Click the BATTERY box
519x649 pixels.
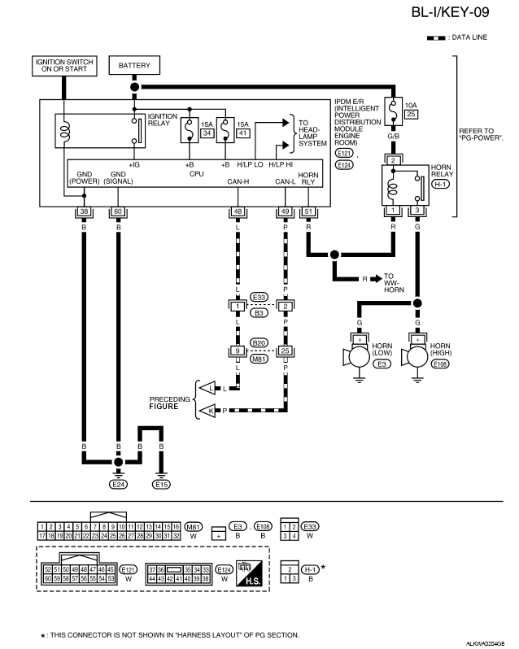pyautogui.click(x=133, y=65)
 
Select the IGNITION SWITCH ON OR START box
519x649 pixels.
pyautogui.click(x=63, y=65)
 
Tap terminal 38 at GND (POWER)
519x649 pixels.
pyautogui.click(x=83, y=212)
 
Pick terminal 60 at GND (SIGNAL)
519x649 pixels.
pyautogui.click(x=119, y=212)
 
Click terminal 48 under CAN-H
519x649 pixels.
pyautogui.click(x=238, y=212)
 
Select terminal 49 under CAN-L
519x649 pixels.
pyautogui.click(x=286, y=212)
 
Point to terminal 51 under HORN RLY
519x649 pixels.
pyautogui.click(x=308, y=212)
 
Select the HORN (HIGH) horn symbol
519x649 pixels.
pyautogui.click(x=417, y=355)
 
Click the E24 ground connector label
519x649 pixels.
pyautogui.click(x=119, y=483)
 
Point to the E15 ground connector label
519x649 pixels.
pyautogui.click(x=162, y=483)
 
